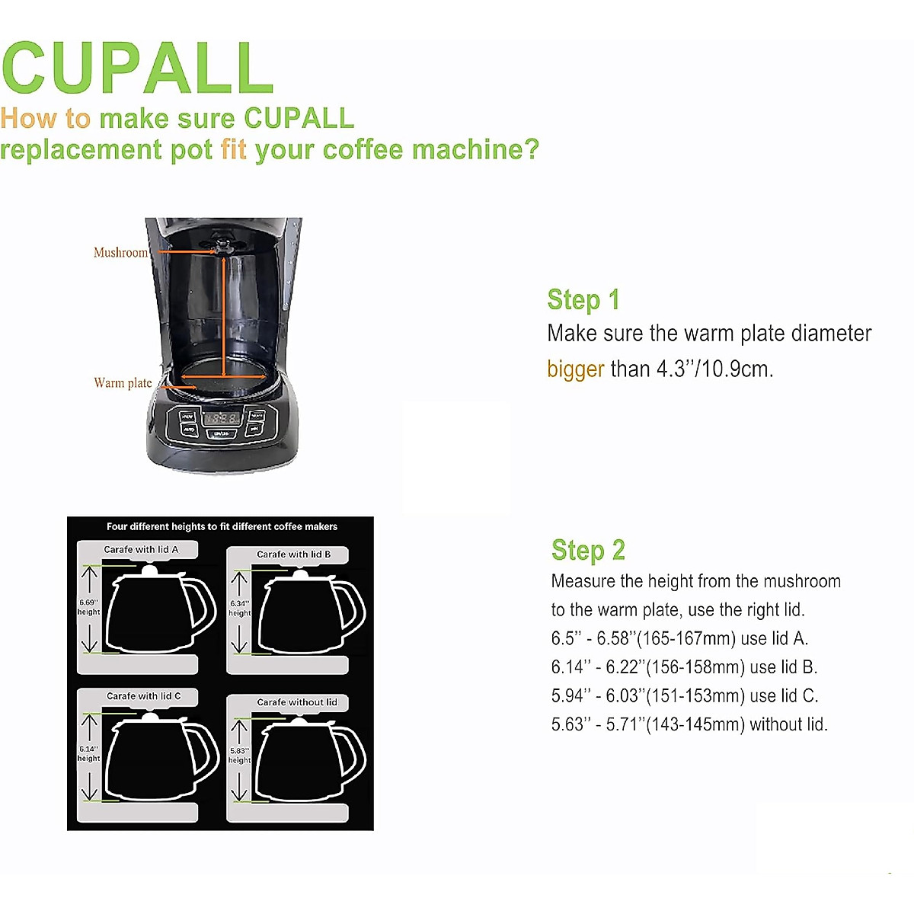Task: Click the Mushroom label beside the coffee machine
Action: pos(120,253)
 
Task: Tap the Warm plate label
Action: pos(123,383)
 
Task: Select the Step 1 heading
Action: pos(583,300)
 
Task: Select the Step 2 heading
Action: pos(588,550)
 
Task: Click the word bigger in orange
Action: pos(575,369)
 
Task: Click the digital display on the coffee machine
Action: pos(222,418)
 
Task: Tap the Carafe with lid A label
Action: pos(141,549)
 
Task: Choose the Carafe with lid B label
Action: pos(293,554)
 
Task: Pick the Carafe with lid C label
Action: pos(143,696)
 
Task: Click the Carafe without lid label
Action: pos(296,702)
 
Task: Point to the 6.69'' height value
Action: pos(88,602)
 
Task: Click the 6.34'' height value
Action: pos(239,603)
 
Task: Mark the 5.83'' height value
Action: pos(239,750)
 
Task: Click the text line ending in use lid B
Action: pos(683,667)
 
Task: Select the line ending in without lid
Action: pos(689,724)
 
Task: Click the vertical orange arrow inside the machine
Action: pos(223,316)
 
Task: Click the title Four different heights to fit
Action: pos(222,526)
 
